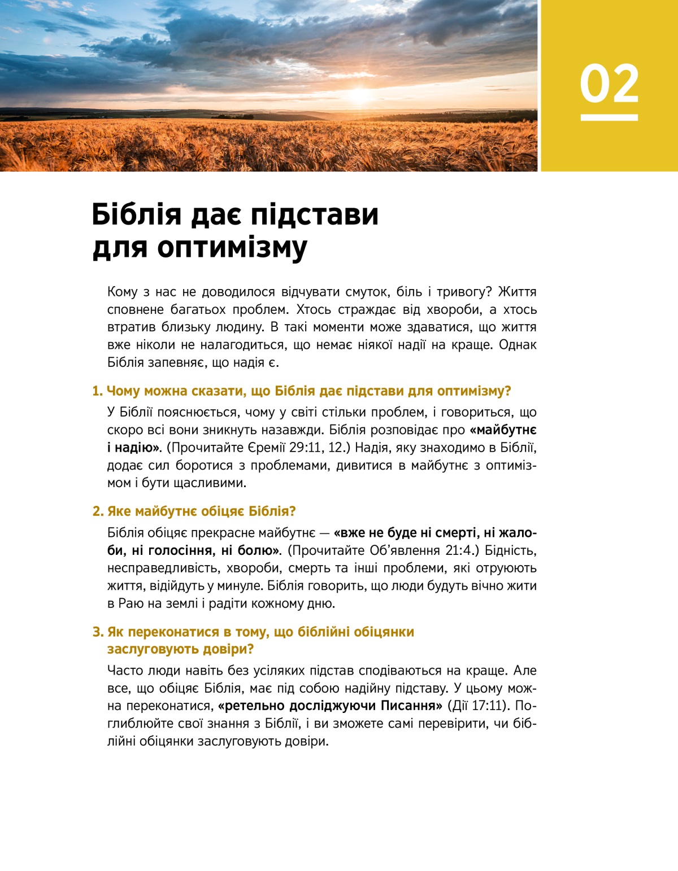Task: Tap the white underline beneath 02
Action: [x=609, y=117]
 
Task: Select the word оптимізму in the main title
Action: [x=232, y=248]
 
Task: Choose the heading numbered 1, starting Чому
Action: [x=302, y=391]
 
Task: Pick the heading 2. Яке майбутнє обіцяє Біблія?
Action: [x=194, y=511]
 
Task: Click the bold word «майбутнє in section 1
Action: [x=503, y=430]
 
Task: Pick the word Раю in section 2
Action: [x=131, y=603]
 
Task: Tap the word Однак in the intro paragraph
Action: [x=518, y=344]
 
